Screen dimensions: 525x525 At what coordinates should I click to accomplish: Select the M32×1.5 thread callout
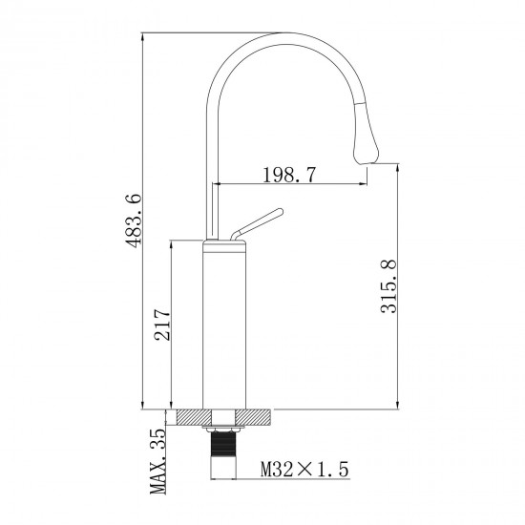(x=304, y=469)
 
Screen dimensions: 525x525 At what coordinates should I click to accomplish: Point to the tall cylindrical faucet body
(x=227, y=325)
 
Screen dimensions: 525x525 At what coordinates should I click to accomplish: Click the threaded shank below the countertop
(x=226, y=450)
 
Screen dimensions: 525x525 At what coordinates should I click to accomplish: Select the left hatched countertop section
(x=189, y=416)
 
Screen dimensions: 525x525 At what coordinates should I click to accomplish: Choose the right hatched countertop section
(x=262, y=416)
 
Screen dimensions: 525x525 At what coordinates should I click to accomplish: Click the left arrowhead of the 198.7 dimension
(x=215, y=183)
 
